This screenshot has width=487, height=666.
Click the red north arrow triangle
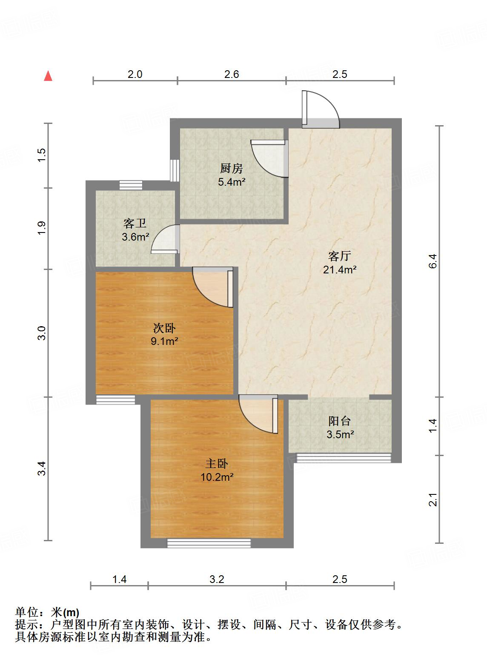point(49,76)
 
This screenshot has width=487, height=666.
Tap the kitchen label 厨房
point(232,168)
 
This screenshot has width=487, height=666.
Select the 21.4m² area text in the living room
point(339,270)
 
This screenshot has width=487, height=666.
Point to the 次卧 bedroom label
point(164,328)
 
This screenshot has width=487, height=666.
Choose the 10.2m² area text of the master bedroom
point(217,477)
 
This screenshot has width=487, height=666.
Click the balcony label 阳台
point(339,421)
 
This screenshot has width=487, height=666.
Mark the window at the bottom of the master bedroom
point(209,543)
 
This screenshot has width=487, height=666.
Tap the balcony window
point(343,458)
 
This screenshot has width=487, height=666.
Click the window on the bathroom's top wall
point(131,185)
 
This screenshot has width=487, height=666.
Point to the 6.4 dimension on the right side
point(433,261)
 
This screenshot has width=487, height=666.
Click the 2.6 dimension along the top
point(232,75)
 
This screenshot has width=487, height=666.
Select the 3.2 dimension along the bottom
point(217,579)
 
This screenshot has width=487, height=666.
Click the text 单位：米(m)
point(47,613)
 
